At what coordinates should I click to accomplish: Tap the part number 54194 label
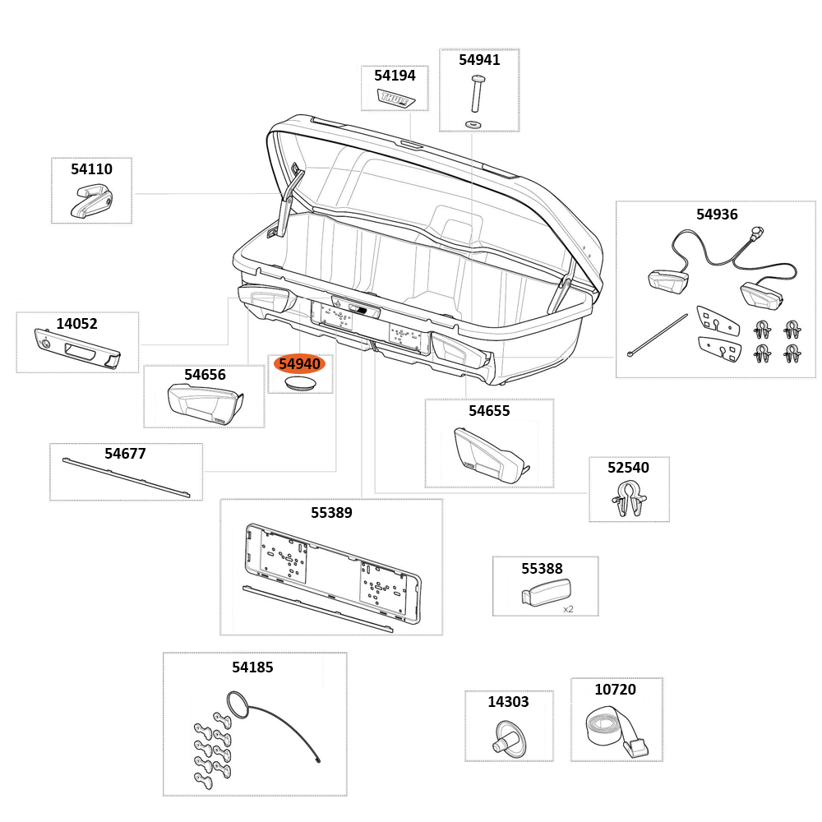point(395,76)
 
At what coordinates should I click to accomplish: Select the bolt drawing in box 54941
point(477,93)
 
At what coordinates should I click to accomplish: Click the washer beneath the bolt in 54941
point(473,123)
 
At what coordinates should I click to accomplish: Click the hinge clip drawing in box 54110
point(91,201)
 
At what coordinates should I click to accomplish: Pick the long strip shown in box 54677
point(126,478)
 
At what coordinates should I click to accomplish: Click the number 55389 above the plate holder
point(331,513)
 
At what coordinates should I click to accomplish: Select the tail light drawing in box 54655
point(489,457)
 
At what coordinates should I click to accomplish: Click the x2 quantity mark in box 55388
point(568,609)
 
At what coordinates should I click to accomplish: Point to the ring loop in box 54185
point(237,705)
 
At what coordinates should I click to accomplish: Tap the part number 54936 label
point(717,215)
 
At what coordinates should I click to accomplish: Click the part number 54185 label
point(252,667)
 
